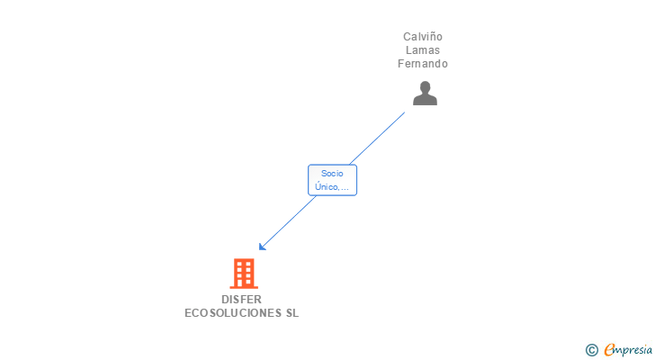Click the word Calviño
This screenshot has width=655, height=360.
click(423, 37)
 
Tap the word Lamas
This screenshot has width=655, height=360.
click(423, 50)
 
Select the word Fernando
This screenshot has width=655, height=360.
click(423, 64)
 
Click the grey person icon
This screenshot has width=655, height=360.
click(425, 93)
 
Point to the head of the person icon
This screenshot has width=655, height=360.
click(425, 87)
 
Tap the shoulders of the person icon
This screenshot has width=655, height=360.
click(425, 100)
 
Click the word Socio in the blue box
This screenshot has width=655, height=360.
click(332, 174)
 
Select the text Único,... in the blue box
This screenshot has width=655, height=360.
click(332, 187)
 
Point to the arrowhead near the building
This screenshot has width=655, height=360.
click(262, 247)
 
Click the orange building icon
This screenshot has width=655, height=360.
click(243, 273)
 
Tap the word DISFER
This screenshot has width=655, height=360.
click(241, 300)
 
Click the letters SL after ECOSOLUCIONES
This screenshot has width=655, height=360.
click(292, 313)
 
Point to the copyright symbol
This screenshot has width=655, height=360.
click(591, 350)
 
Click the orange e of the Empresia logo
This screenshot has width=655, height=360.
click(609, 350)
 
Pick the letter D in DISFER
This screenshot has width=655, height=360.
click(225, 300)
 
